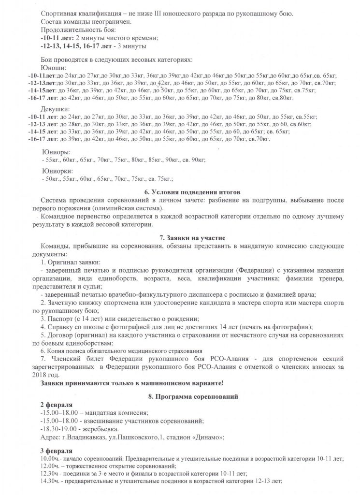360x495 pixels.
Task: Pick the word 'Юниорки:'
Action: (x=59, y=171)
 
